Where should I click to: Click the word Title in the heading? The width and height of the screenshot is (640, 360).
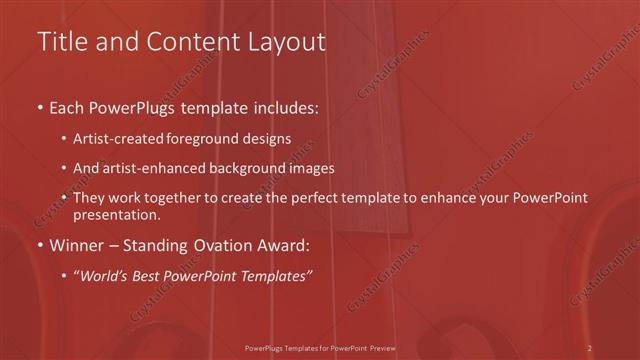coord(61,43)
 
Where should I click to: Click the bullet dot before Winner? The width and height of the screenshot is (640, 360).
coord(39,245)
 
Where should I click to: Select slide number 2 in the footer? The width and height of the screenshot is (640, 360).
coord(590,348)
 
